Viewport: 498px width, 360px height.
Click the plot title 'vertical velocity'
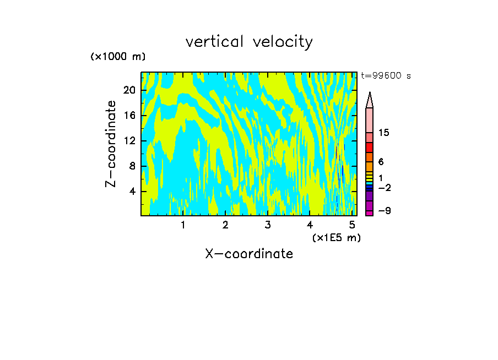(249, 42)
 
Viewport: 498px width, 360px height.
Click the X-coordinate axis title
(249, 254)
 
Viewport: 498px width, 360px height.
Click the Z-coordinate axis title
(111, 144)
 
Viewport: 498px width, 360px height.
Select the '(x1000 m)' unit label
(118, 57)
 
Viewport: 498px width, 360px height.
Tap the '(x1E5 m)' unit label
(336, 237)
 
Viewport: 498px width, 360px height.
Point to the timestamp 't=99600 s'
(386, 76)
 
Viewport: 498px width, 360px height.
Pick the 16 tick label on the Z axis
(129, 116)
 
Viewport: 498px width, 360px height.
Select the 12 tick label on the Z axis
(129, 141)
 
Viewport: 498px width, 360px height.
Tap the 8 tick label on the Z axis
(132, 166)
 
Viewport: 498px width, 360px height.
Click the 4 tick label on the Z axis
(132, 192)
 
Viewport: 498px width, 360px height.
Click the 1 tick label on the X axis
(183, 225)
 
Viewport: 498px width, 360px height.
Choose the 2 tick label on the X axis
(225, 225)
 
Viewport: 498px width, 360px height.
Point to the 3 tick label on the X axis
(268, 225)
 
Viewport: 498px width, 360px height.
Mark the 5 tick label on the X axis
(352, 225)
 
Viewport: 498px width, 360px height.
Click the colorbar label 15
(384, 133)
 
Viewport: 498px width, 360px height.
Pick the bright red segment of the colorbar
(369, 148)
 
